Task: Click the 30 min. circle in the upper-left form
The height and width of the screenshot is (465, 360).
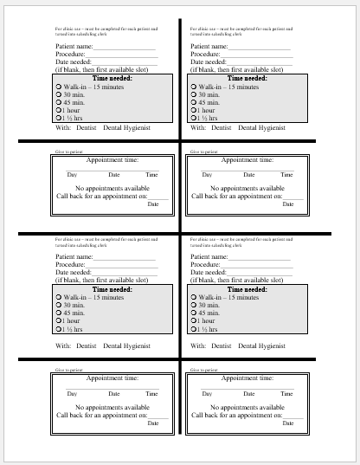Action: tap(58, 94)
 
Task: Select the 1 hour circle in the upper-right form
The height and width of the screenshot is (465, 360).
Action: tap(193, 110)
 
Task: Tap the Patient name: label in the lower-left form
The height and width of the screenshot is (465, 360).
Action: tap(74, 256)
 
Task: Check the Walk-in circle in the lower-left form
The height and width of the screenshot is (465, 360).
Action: tap(58, 298)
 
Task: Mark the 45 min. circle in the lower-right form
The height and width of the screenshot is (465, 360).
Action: tap(193, 313)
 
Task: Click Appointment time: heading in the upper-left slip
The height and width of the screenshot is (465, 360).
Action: tap(112, 159)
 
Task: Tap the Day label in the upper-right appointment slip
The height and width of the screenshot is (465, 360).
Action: tap(207, 175)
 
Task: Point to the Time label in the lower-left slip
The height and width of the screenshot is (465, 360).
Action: tap(151, 394)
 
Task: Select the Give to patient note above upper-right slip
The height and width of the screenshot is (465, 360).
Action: tap(204, 152)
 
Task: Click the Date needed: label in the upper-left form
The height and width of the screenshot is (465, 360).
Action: tap(74, 61)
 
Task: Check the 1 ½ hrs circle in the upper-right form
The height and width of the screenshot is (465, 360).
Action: tap(193, 118)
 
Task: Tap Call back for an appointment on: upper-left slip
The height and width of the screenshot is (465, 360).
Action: tap(102, 196)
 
